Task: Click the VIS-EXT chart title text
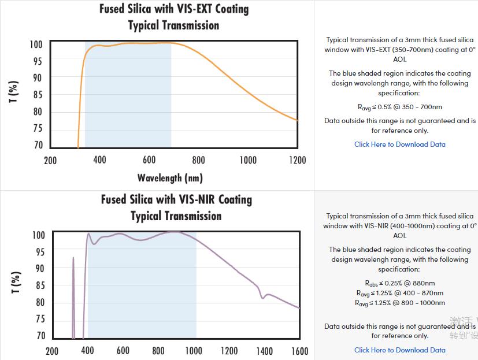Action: pyautogui.click(x=174, y=9)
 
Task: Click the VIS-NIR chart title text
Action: pyautogui.click(x=176, y=200)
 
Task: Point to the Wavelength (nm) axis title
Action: pyautogui.click(x=170, y=178)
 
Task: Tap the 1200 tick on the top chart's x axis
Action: pyautogui.click(x=297, y=160)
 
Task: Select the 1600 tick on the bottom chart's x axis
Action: pyautogui.click(x=299, y=351)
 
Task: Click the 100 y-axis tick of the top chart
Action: pyautogui.click(x=36, y=44)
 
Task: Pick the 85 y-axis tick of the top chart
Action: pyautogui.click(x=37, y=95)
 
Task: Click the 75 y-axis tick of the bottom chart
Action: pyautogui.click(x=39, y=319)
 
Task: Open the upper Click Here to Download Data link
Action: pyautogui.click(x=399, y=144)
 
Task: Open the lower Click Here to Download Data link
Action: pyautogui.click(x=399, y=350)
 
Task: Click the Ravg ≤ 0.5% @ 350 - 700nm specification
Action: pyautogui.click(x=399, y=107)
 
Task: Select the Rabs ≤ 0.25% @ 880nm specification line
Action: pyautogui.click(x=399, y=283)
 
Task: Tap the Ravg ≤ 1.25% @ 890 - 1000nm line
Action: pyautogui.click(x=399, y=303)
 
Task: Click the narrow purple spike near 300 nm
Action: pyautogui.click(x=73, y=260)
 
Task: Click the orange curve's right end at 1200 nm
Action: pyautogui.click(x=297, y=120)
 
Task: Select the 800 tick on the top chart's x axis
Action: pyautogui.click(x=198, y=160)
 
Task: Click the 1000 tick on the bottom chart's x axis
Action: pyautogui.click(x=194, y=351)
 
